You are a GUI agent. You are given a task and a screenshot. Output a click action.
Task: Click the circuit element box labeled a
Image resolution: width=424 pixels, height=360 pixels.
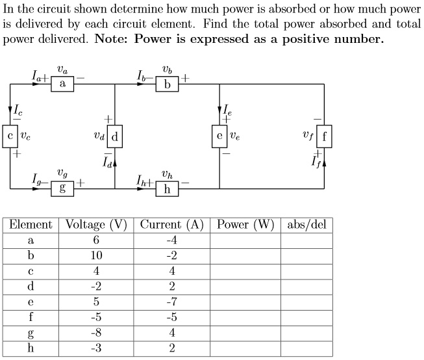pyautogui.click(x=62, y=84)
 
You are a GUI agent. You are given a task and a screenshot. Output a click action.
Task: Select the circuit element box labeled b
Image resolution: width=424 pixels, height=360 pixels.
pyautogui.click(x=168, y=84)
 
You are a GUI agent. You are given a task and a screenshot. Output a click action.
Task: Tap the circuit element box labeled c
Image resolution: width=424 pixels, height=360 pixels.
pyautogui.click(x=10, y=136)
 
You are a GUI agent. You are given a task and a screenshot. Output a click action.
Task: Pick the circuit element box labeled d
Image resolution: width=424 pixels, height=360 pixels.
pyautogui.click(x=115, y=136)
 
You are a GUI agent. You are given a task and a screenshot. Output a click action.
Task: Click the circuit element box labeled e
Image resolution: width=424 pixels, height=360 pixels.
pyautogui.click(x=219, y=136)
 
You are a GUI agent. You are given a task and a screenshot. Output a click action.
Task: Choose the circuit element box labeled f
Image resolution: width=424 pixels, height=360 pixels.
pyautogui.click(x=324, y=136)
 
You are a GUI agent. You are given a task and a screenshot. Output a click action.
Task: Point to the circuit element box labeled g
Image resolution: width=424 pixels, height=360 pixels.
pyautogui.click(x=62, y=188)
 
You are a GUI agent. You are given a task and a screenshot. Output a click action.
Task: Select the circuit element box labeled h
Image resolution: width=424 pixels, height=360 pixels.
pyautogui.click(x=168, y=188)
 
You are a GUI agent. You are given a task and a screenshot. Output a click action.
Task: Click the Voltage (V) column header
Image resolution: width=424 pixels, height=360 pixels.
pyautogui.click(x=96, y=225)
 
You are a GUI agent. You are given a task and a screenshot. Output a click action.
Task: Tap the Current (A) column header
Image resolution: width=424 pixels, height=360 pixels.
pyautogui.click(x=172, y=225)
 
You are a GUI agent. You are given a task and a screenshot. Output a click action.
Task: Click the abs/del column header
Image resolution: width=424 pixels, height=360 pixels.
pyautogui.click(x=306, y=225)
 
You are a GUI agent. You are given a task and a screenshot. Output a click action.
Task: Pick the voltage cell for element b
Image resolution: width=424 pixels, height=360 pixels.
pyautogui.click(x=96, y=255)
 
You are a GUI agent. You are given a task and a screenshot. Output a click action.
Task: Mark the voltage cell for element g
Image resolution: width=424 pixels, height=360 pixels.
pyautogui.click(x=96, y=333)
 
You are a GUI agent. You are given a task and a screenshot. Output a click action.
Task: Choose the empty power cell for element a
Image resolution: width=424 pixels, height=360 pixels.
pyautogui.click(x=245, y=240)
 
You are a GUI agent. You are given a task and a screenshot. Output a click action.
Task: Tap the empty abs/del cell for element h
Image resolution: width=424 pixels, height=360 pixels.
pyautogui.click(x=306, y=348)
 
